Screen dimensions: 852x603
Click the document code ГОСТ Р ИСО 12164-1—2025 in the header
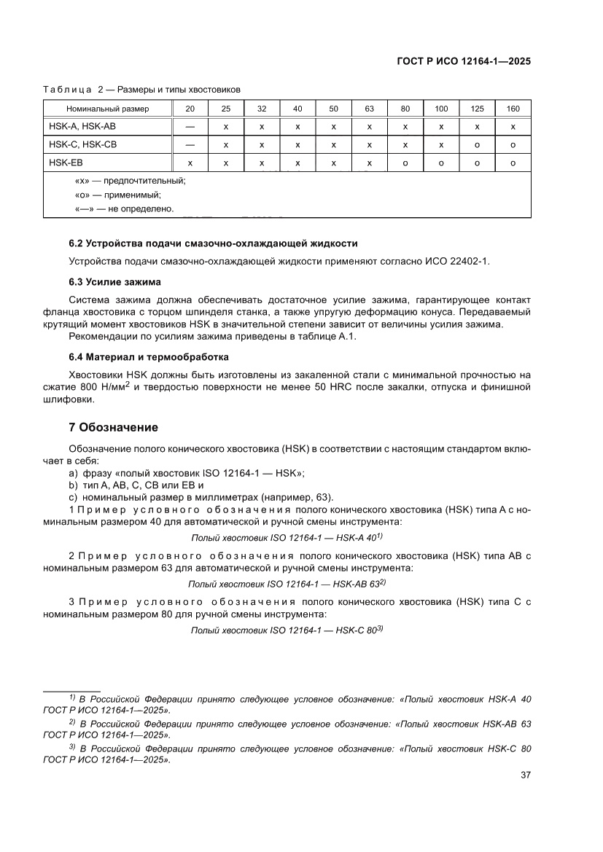tap(462, 62)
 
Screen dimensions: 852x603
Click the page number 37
tap(524, 775)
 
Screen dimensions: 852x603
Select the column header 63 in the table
tap(370, 109)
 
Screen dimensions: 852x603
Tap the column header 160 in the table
tap(513, 109)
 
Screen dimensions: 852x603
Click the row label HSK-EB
tap(62, 163)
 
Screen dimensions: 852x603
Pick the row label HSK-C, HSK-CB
tap(82, 145)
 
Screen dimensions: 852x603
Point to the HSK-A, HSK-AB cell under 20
tap(190, 127)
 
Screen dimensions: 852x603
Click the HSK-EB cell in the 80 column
tap(405, 163)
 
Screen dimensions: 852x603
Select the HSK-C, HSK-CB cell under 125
tap(477, 145)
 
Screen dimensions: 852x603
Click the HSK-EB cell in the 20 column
tap(190, 163)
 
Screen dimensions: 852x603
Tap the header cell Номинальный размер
tap(107, 109)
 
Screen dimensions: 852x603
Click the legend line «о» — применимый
tap(118, 195)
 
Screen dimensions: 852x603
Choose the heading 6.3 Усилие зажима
tap(114, 281)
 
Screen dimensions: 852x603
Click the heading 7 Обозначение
tap(113, 427)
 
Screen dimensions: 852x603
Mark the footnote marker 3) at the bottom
tap(72, 747)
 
